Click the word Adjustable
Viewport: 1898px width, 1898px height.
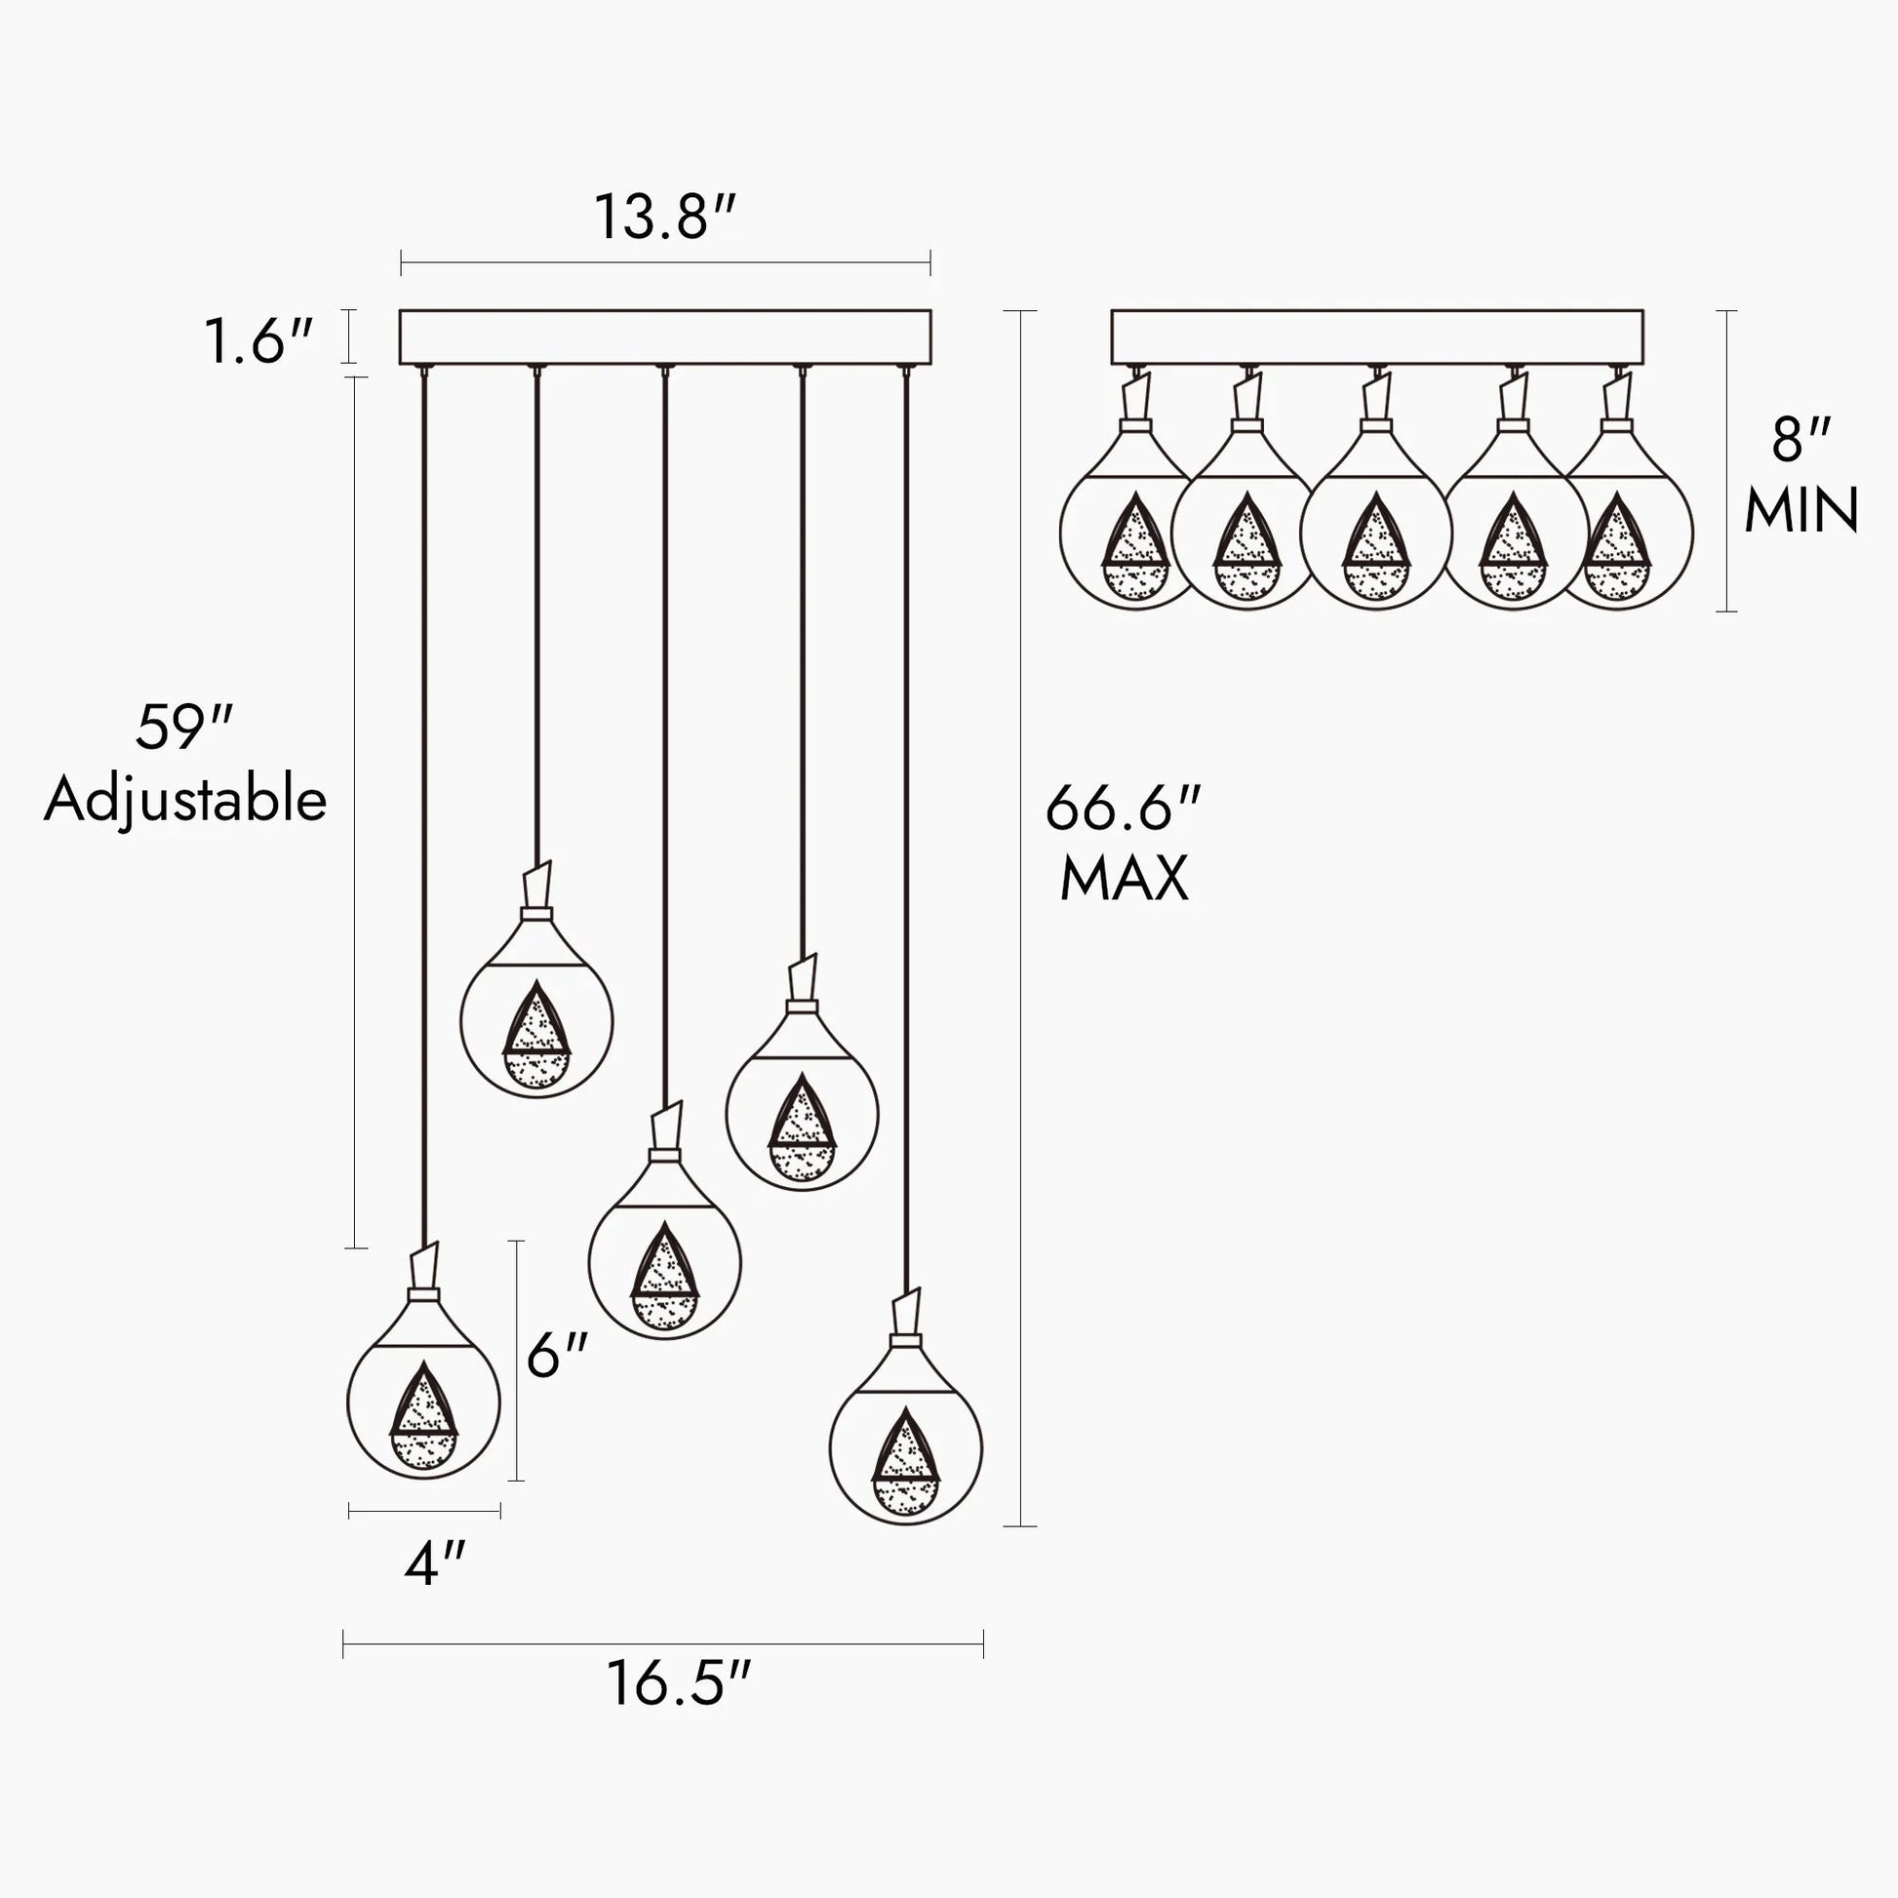pos(184,801)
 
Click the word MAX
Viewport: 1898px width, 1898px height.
pos(1125,877)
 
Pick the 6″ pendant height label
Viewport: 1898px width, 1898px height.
pos(557,1356)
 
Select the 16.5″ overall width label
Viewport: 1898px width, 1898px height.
pos(679,1683)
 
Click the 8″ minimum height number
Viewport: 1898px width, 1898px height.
pos(1800,439)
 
